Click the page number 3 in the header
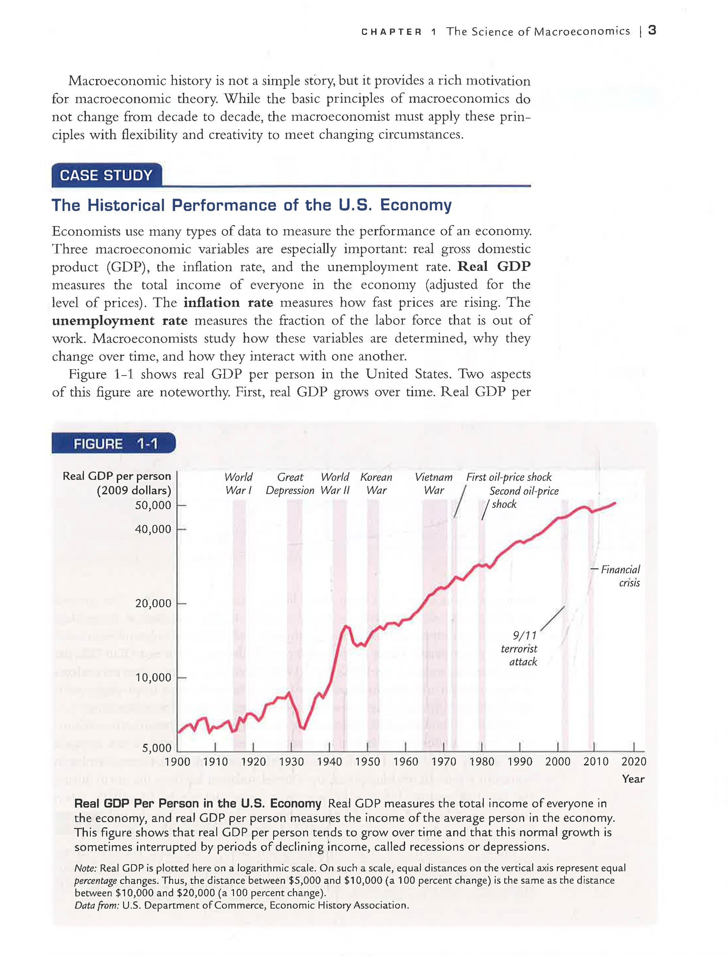(x=652, y=31)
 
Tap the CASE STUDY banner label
(x=106, y=175)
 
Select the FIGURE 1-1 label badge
(x=115, y=444)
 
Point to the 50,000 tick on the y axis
(x=153, y=505)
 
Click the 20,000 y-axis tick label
(x=153, y=603)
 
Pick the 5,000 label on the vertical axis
(x=156, y=748)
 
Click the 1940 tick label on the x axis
(x=330, y=761)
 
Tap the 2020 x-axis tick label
(x=633, y=761)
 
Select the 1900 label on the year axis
(x=178, y=761)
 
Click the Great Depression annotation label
(x=290, y=484)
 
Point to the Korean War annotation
(x=376, y=484)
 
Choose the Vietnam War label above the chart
(x=433, y=484)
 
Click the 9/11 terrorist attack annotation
(x=519, y=648)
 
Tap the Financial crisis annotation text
(x=621, y=576)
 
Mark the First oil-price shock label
(x=509, y=477)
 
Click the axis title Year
(x=633, y=779)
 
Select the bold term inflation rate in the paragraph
(x=228, y=302)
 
